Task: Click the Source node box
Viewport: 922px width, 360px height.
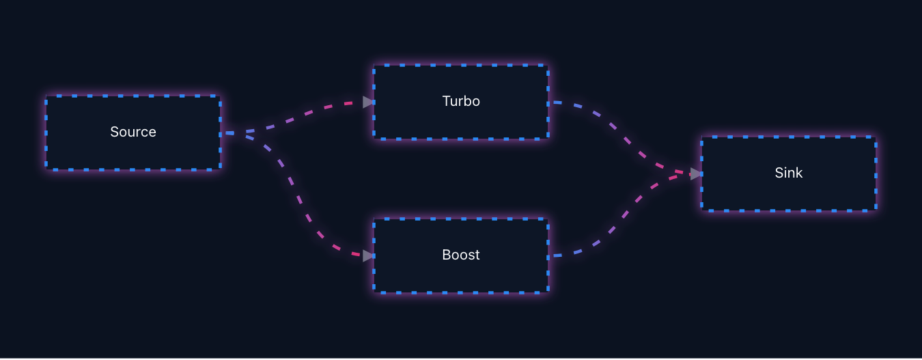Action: point(133,133)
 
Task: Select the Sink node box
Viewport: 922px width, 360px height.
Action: point(789,174)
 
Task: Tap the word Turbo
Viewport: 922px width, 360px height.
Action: point(461,101)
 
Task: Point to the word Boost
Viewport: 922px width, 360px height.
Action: point(461,255)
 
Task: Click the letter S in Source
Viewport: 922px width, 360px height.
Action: point(115,132)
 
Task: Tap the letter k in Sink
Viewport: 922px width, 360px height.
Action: point(798,173)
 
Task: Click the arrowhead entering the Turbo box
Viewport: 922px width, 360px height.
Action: point(368,102)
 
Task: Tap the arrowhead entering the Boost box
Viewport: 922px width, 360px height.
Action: point(368,255)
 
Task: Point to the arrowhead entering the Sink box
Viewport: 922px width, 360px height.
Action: point(696,174)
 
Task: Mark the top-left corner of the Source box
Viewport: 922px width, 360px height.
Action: point(46,96)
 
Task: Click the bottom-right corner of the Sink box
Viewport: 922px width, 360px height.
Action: point(876,211)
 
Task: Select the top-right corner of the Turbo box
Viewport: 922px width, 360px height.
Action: point(548,65)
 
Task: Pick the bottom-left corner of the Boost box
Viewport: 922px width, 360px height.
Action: point(374,293)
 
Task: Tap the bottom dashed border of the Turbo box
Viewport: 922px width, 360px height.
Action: point(461,139)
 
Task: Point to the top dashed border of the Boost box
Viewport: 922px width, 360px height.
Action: point(461,219)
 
